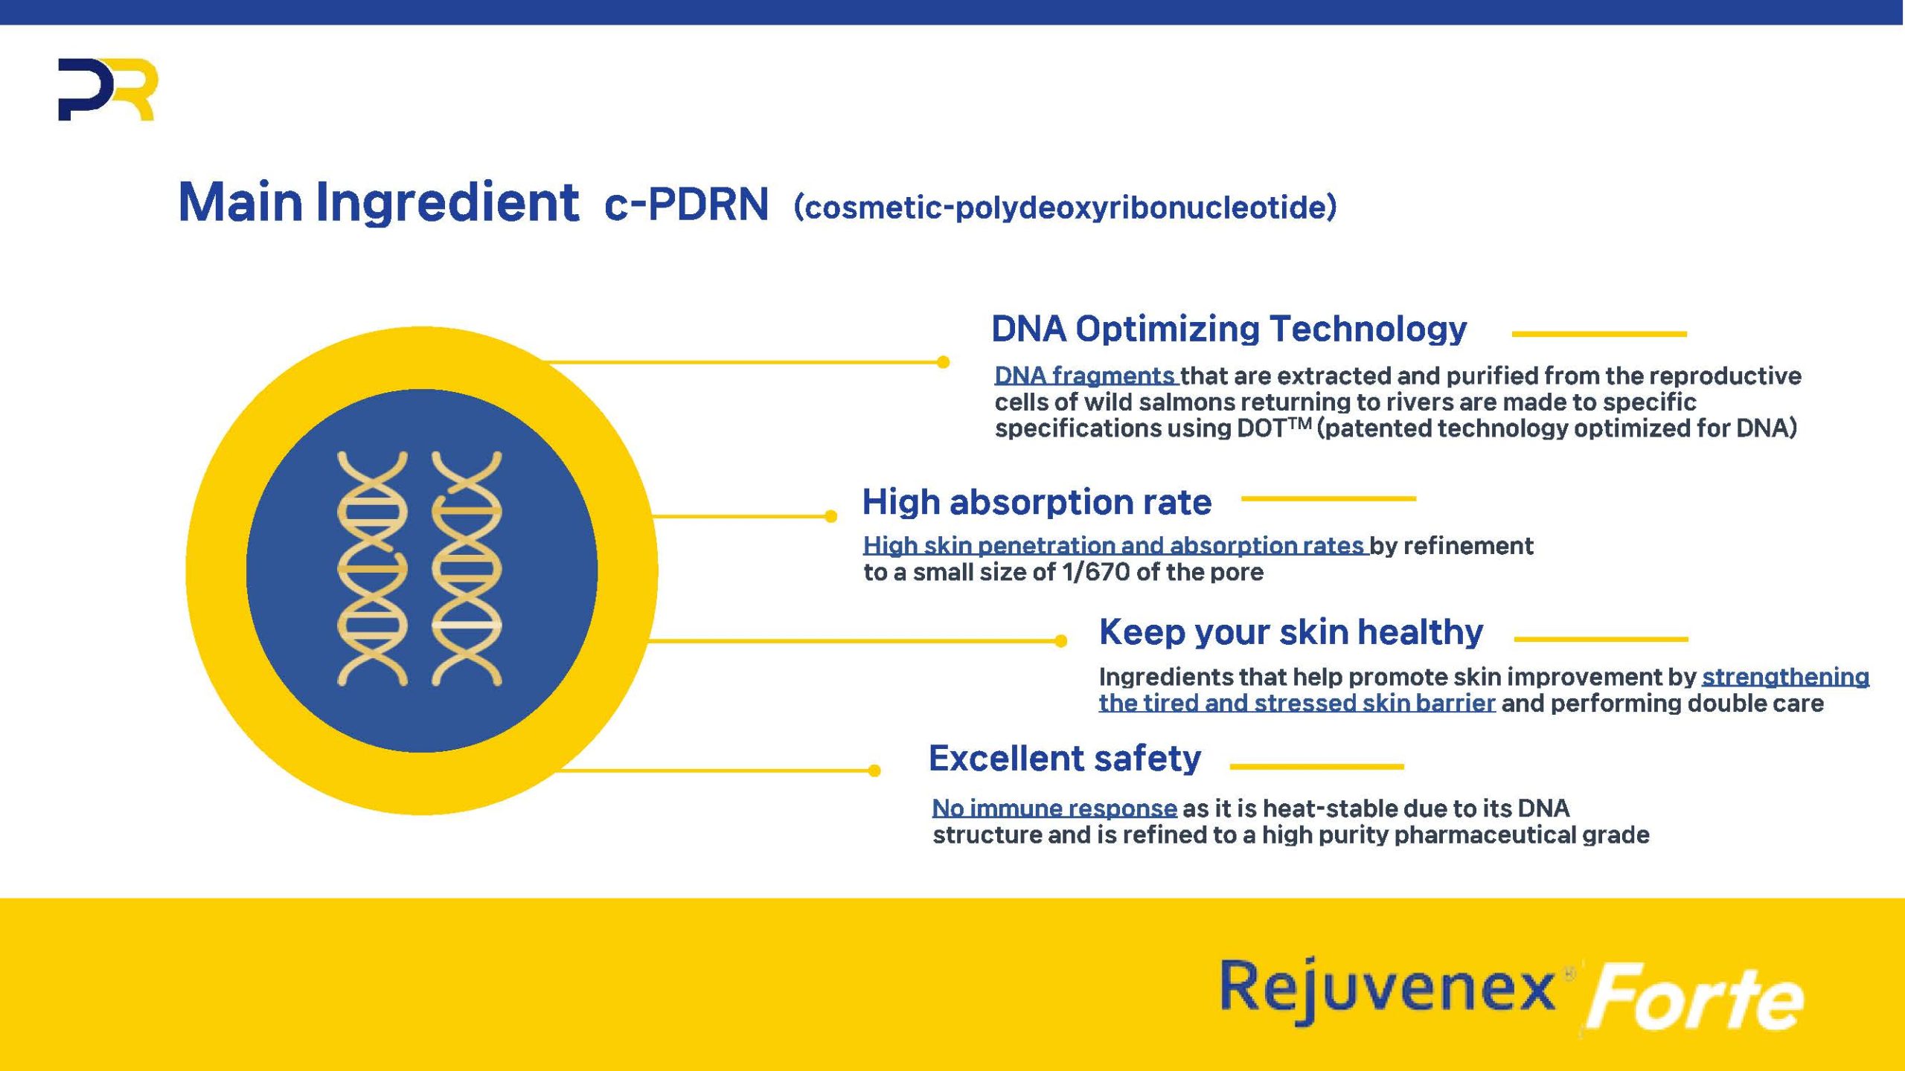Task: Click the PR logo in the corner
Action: pyautogui.click(x=108, y=89)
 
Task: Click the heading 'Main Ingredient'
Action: pyautogui.click(x=378, y=202)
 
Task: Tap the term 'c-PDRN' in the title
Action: pyautogui.click(x=686, y=204)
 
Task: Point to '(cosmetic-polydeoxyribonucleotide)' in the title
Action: pyautogui.click(x=1066, y=207)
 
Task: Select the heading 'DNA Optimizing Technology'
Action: pyautogui.click(x=1229, y=329)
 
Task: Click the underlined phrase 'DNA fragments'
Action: pyautogui.click(x=1085, y=376)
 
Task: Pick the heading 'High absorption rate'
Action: pyautogui.click(x=1037, y=501)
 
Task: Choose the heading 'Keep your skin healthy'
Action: pyautogui.click(x=1291, y=632)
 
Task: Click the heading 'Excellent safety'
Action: pyautogui.click(x=1065, y=759)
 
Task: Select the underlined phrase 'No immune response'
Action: pyautogui.click(x=1054, y=808)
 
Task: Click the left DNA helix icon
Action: pyautogui.click(x=372, y=569)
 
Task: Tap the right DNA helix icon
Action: pyautogui.click(x=467, y=569)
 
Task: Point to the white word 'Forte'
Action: pyautogui.click(x=1695, y=997)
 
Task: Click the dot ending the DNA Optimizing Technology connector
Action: pyautogui.click(x=943, y=362)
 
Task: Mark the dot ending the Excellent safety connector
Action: pyautogui.click(x=874, y=771)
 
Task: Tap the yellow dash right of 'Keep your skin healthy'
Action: pyautogui.click(x=1601, y=639)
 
